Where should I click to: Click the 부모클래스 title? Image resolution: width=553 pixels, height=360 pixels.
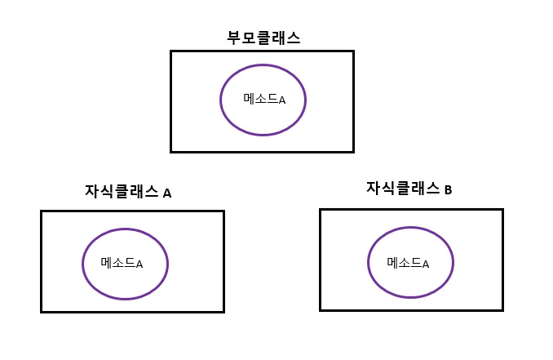coord(263,38)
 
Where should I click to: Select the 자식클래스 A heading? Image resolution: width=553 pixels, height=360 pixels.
coord(128,192)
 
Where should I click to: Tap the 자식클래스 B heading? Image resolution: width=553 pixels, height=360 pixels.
coord(409,189)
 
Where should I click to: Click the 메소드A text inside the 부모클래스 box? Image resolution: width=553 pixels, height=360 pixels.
coord(264,99)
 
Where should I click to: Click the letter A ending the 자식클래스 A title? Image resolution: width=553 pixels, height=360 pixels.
coord(167,193)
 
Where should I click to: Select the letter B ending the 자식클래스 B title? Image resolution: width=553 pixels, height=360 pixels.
coord(448,190)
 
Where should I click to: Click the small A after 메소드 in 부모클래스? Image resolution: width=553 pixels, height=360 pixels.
coord(282,100)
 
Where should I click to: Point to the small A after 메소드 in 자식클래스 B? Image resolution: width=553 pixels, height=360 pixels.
coord(425,264)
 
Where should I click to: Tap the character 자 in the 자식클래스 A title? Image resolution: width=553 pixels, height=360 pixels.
coord(92,192)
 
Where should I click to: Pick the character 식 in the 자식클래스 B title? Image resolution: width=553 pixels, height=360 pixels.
coord(389,189)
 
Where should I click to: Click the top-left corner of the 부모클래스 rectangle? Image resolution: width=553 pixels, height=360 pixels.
coord(171,51)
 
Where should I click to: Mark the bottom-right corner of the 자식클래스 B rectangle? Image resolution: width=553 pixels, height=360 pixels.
coord(502,309)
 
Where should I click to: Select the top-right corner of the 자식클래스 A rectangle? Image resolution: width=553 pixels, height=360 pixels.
coord(223,211)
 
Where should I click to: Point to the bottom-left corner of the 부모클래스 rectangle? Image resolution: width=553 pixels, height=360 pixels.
coord(171,151)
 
